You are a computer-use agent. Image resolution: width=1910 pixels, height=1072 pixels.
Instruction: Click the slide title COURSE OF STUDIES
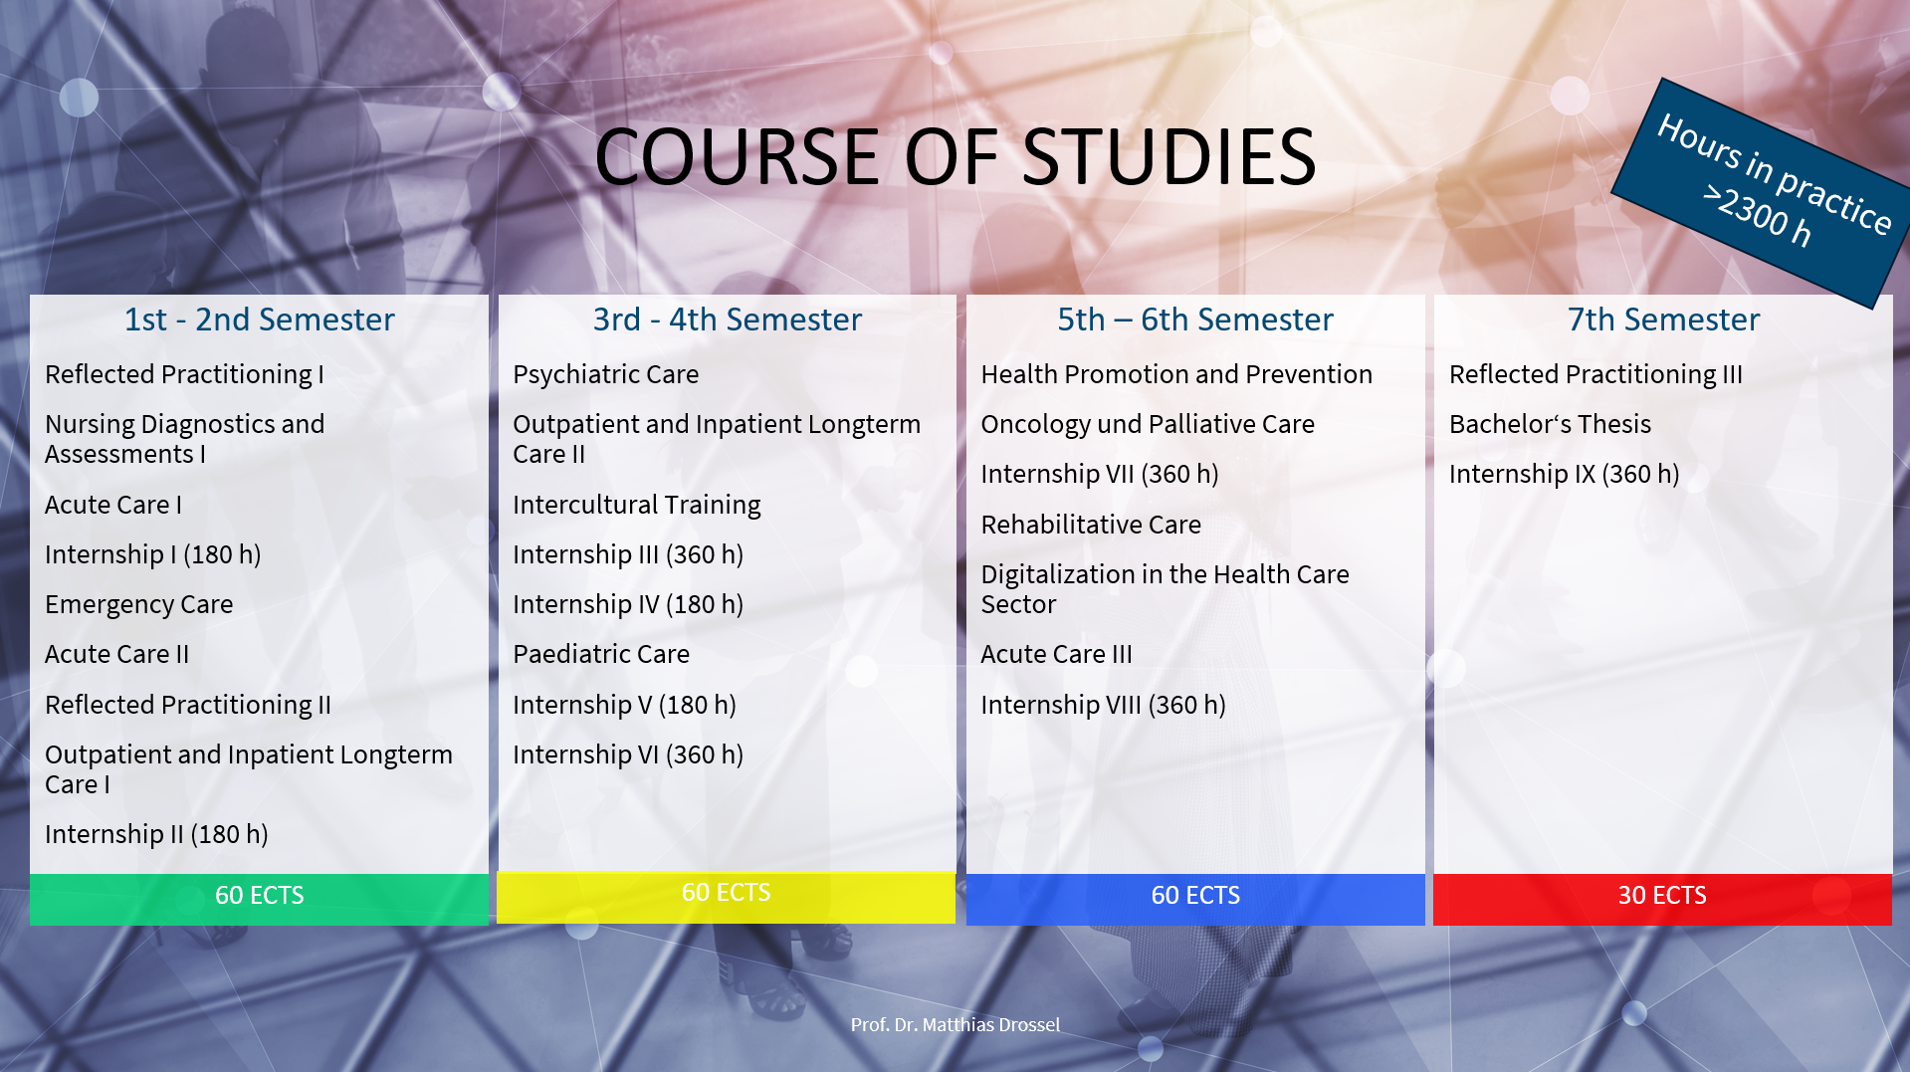(x=955, y=156)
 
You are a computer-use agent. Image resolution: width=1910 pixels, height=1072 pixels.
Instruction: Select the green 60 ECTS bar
(x=259, y=899)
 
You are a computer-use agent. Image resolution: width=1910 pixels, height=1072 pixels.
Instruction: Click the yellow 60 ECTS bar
(x=726, y=897)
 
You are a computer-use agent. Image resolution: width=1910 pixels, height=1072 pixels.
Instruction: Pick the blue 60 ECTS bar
(x=1195, y=899)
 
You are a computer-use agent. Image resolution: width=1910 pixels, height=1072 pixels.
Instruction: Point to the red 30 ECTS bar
(x=1662, y=899)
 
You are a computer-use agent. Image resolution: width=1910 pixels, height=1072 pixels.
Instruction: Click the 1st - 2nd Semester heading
(x=259, y=320)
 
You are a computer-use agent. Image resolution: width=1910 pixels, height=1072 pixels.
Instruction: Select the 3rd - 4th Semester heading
(x=728, y=320)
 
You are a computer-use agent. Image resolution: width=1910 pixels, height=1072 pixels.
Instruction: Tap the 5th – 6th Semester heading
(x=1195, y=320)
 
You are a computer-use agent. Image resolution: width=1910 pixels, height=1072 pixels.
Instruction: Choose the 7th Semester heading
(x=1663, y=320)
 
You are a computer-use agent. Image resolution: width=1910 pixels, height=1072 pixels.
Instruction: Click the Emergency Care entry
(x=139, y=605)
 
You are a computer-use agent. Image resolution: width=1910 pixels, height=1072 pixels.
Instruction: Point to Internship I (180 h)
(x=153, y=554)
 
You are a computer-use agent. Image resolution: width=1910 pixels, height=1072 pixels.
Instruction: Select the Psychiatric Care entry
(x=606, y=375)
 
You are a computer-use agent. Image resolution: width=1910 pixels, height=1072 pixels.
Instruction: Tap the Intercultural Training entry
(x=637, y=506)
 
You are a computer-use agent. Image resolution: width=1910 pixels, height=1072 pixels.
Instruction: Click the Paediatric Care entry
(x=601, y=654)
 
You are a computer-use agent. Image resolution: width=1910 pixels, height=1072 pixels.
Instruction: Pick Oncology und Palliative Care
(x=1148, y=425)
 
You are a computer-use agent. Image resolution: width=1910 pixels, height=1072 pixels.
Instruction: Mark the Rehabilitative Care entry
(x=1091, y=525)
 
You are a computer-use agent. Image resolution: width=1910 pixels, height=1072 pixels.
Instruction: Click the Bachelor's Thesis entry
(x=1550, y=424)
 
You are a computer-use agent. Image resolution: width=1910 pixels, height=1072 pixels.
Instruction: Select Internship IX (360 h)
(x=1565, y=474)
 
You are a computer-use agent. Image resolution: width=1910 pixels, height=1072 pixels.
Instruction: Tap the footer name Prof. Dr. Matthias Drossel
(x=955, y=1024)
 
